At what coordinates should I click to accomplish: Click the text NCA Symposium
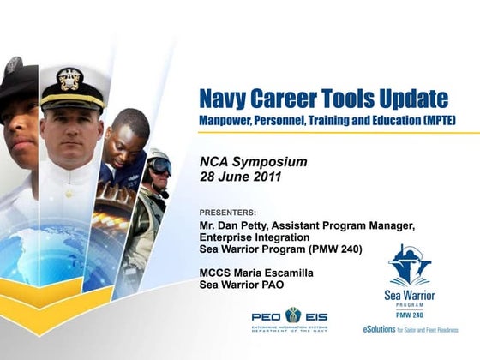point(253,162)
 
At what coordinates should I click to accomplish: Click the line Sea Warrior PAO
point(241,285)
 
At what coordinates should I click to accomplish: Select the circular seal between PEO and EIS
point(293,315)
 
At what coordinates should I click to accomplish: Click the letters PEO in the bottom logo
point(267,316)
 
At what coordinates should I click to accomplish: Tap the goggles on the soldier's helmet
point(160,165)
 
